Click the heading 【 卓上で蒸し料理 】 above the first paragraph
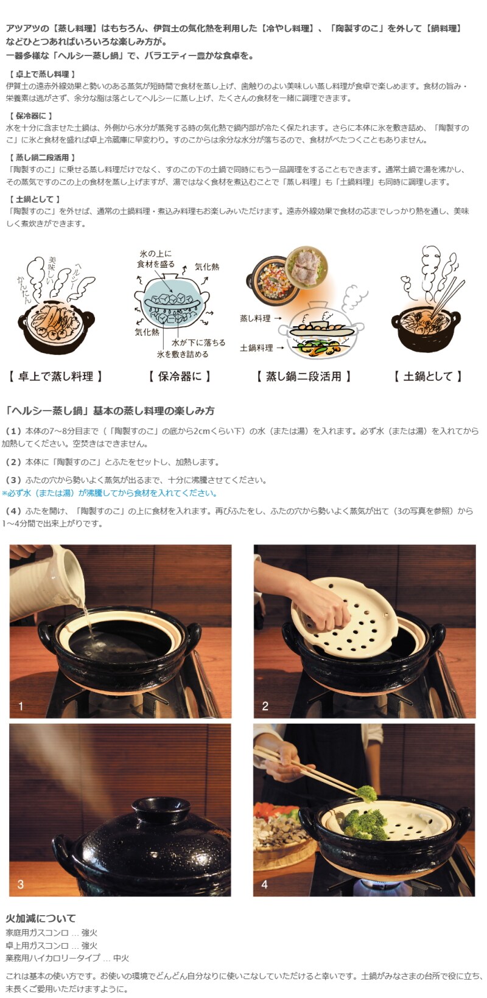[x=43, y=74]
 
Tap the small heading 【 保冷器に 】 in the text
[x=31, y=116]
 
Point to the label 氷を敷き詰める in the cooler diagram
[x=182, y=354]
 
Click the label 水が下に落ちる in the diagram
[x=198, y=343]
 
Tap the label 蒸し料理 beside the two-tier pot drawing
[x=255, y=318]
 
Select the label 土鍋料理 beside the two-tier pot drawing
[x=256, y=347]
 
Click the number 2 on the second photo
[x=265, y=706]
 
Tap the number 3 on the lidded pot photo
[x=21, y=884]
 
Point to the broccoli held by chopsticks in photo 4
[x=366, y=794]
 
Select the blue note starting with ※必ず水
[x=110, y=493]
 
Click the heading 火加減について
[x=41, y=918]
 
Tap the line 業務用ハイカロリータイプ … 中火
[x=68, y=958]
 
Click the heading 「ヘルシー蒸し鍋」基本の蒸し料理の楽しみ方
[x=111, y=411]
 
